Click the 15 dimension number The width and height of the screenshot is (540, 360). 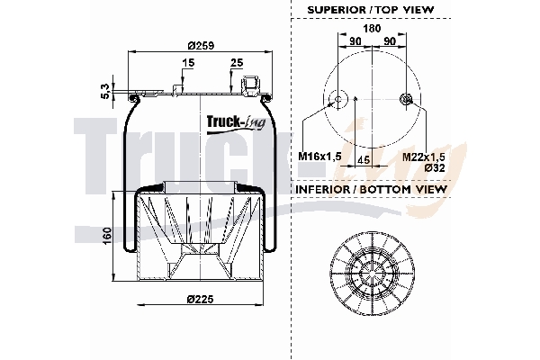pyautogui.click(x=187, y=63)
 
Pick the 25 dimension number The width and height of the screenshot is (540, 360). pyautogui.click(x=236, y=63)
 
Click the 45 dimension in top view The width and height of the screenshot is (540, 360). pyautogui.click(x=364, y=159)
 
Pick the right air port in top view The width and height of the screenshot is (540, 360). pyautogui.click(x=408, y=100)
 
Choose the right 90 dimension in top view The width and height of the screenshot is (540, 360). pyautogui.click(x=391, y=40)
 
